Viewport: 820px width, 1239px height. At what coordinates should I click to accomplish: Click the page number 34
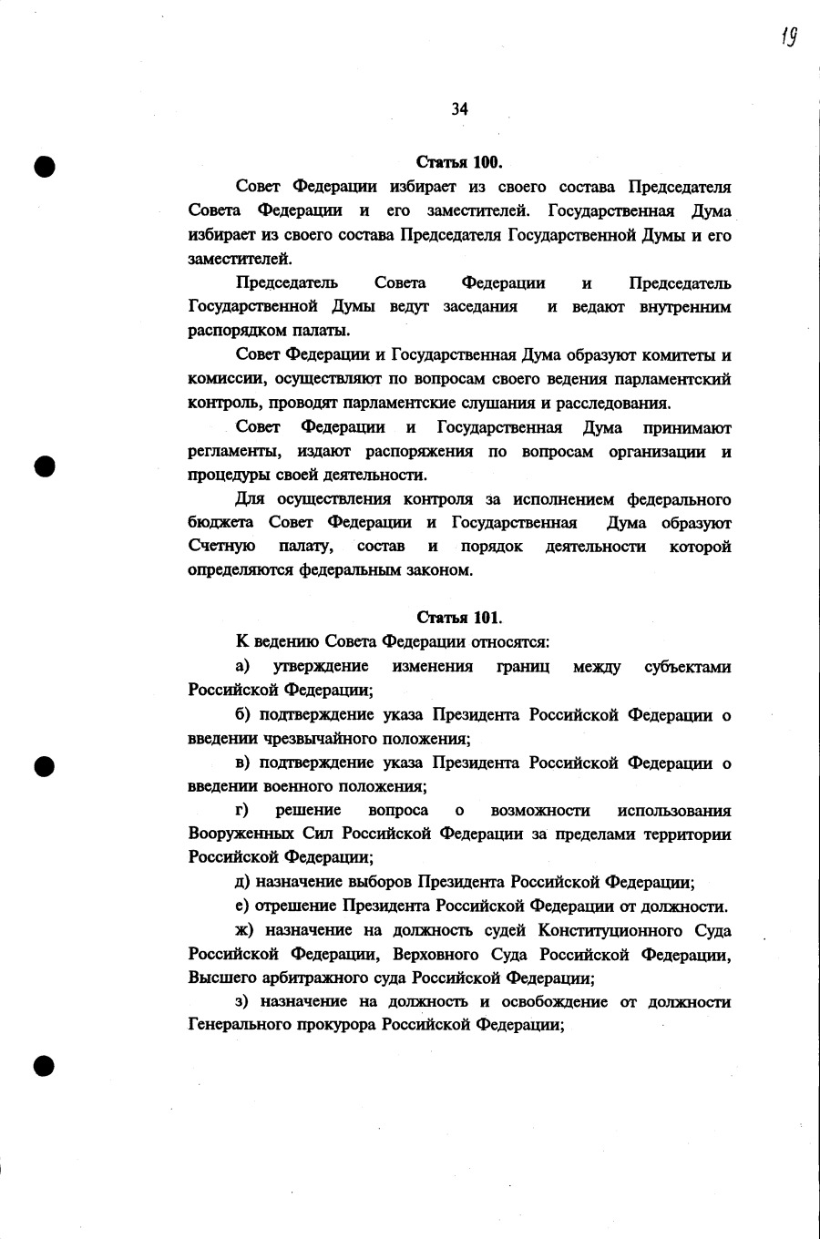click(x=459, y=109)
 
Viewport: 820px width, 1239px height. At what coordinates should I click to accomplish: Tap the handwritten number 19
click(x=789, y=36)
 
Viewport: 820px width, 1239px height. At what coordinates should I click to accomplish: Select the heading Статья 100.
click(x=459, y=163)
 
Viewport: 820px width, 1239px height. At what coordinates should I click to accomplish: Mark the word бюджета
click(x=220, y=523)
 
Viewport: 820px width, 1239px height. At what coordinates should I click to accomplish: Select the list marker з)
click(x=241, y=1001)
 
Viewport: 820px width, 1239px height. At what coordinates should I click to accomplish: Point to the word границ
click(x=523, y=667)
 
